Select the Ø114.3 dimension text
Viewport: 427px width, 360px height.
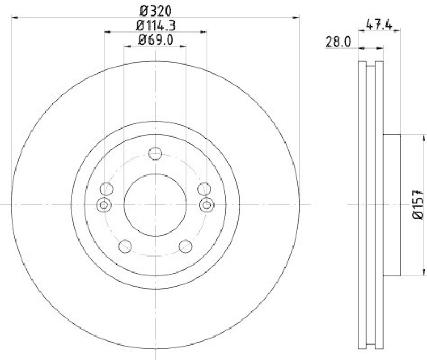[x=155, y=25]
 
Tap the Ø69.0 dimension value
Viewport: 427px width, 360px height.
[x=155, y=39]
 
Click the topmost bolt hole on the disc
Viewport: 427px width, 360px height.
[x=155, y=154]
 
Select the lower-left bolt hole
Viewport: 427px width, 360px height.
[x=125, y=246]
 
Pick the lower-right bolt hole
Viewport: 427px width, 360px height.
[x=185, y=246]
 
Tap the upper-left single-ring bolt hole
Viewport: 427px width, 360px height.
[x=107, y=188]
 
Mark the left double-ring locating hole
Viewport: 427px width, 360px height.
[x=104, y=204]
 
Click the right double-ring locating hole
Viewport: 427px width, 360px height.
[x=207, y=204]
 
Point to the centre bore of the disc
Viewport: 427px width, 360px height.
[x=155, y=204]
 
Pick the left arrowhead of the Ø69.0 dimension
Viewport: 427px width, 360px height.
[x=127, y=46]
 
